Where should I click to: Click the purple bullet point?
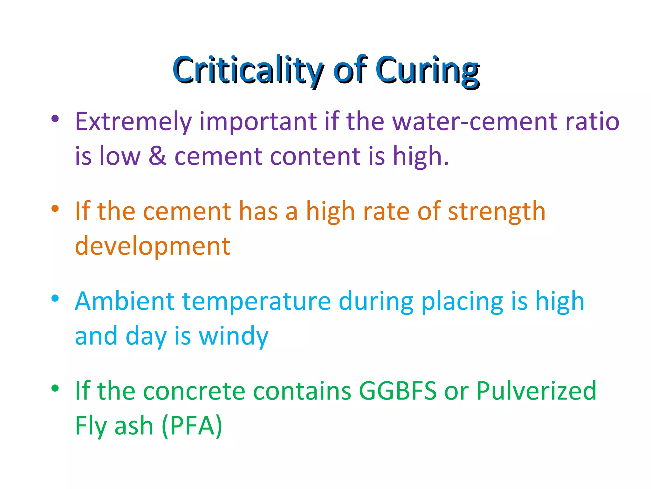[x=55, y=119]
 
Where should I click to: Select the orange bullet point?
[x=55, y=209]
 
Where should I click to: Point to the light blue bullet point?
[x=55, y=298]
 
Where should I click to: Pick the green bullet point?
[x=55, y=388]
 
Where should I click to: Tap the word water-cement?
[x=475, y=122]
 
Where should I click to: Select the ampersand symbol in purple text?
[x=158, y=156]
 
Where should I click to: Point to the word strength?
[x=497, y=212]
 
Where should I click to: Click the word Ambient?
[x=125, y=301]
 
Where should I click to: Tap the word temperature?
[x=257, y=302]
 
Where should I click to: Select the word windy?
[x=234, y=337]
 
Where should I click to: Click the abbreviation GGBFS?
[x=398, y=391]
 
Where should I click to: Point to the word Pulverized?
[x=536, y=391]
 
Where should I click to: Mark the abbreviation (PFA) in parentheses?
[x=192, y=426]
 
